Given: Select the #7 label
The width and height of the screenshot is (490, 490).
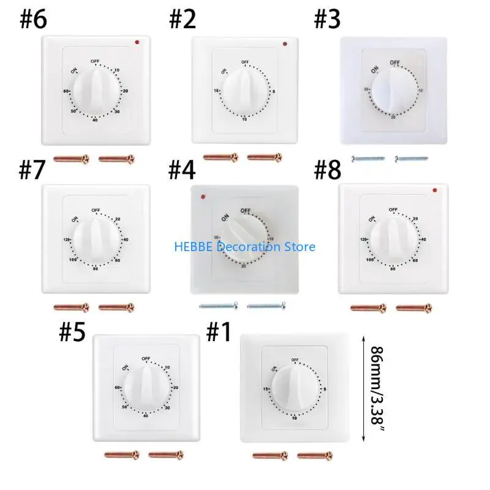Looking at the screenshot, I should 32,171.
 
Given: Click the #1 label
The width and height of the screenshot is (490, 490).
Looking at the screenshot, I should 219,333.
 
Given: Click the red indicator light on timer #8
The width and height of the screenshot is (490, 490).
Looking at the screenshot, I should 433,189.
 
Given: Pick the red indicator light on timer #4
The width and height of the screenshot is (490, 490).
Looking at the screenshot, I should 202,197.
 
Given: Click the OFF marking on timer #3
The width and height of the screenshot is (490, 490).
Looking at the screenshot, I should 394,62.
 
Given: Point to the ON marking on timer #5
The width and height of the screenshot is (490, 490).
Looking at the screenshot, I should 126,367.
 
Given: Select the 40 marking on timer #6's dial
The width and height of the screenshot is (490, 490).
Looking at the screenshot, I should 94,119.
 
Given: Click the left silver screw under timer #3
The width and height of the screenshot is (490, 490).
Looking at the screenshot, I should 368,159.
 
